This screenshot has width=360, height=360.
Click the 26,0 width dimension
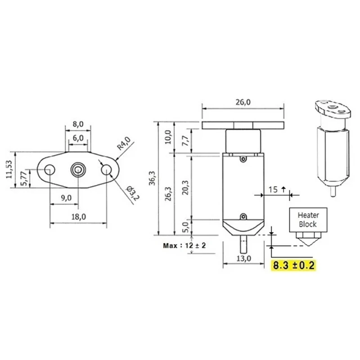point(243,102)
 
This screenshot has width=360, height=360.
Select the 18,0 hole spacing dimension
point(78,217)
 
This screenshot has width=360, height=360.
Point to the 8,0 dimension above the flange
point(78,123)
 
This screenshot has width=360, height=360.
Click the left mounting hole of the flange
point(49,170)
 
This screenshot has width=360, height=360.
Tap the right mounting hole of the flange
point(107,170)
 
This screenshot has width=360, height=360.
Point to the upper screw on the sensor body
point(243,158)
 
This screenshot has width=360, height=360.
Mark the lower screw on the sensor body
point(243,216)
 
